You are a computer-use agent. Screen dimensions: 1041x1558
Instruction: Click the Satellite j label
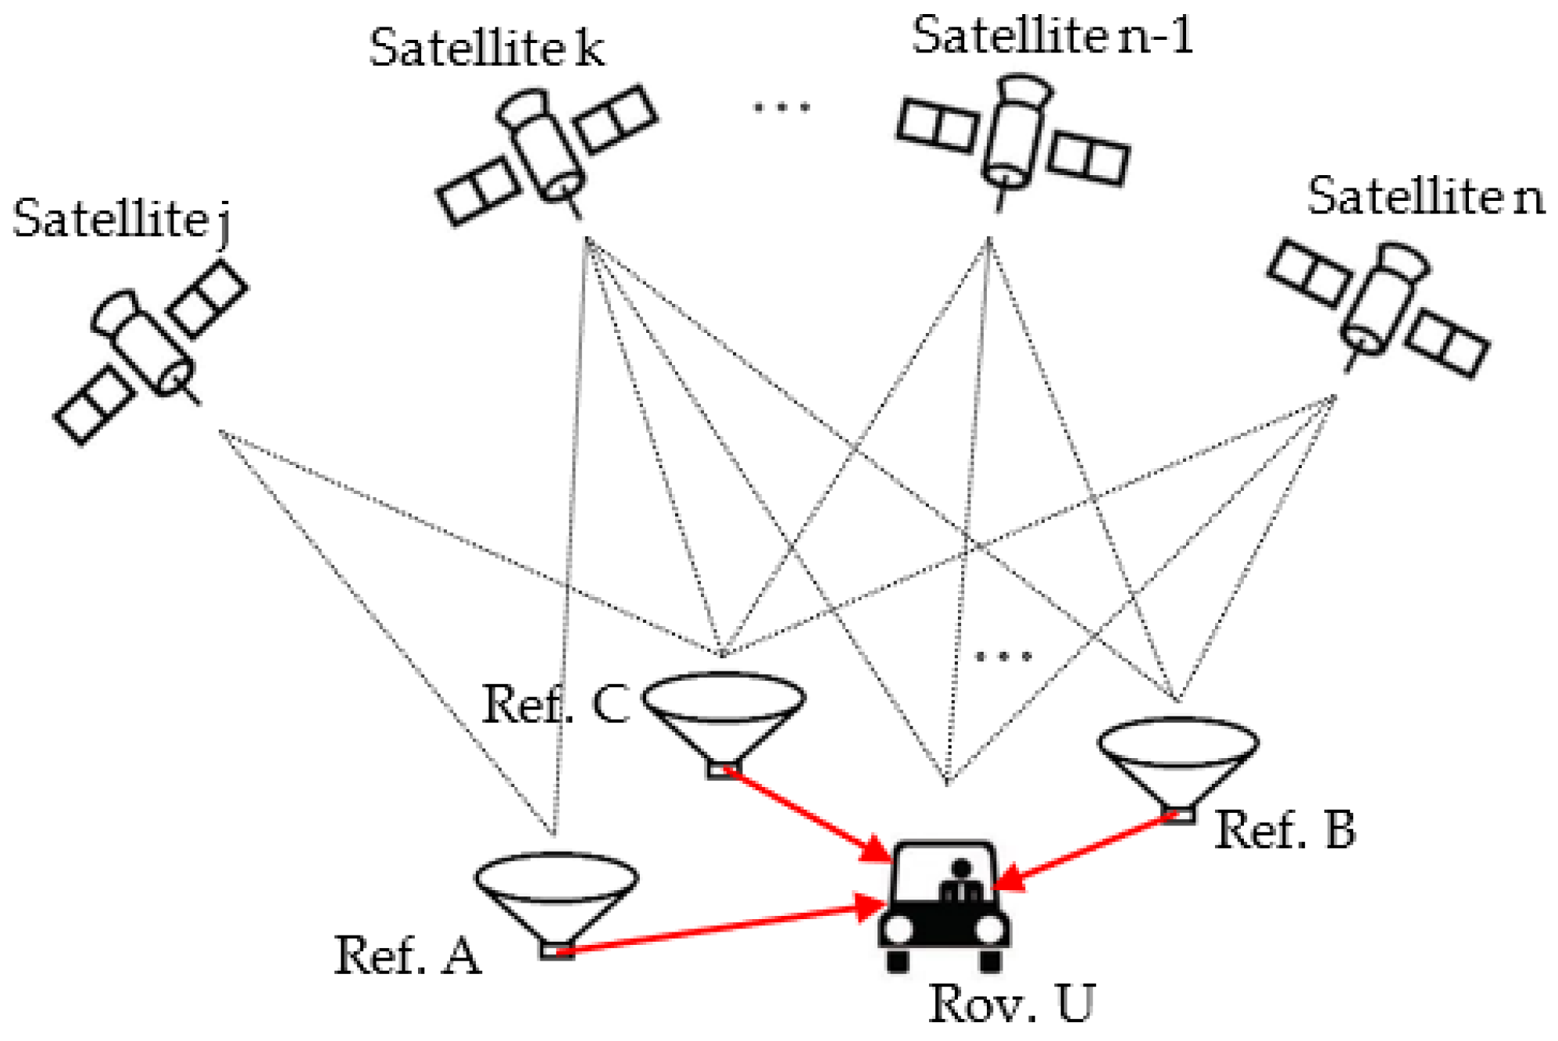point(121,219)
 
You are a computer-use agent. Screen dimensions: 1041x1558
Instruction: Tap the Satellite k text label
point(486,48)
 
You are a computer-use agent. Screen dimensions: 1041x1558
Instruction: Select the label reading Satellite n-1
point(1052,36)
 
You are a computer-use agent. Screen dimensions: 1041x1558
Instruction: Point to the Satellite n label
point(1425,197)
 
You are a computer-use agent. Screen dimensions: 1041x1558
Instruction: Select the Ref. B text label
point(1285,830)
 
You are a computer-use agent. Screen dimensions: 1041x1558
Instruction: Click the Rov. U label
point(1011,1003)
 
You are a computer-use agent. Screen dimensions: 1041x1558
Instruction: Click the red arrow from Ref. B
point(1086,852)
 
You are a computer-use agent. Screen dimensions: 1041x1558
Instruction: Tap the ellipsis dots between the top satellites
point(781,106)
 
